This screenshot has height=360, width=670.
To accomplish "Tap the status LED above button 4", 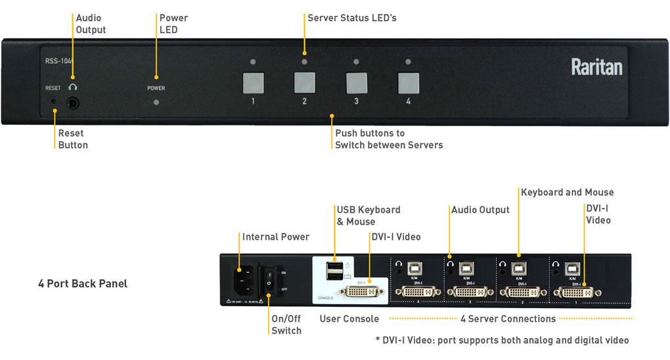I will pos(408,62).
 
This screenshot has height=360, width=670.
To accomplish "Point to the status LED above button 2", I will pos(304,62).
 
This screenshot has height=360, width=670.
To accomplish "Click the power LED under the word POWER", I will pos(156,102).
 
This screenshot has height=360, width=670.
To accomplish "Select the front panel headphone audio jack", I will pos(73,102).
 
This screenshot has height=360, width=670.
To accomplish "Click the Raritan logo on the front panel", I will pos(596,67).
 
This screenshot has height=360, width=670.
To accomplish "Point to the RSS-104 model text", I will pos(58,61).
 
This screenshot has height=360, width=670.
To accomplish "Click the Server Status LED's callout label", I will pos(352,18).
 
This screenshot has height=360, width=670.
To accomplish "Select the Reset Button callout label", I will pos(72,139).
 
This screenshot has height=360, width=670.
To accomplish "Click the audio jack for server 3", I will pos(450,269).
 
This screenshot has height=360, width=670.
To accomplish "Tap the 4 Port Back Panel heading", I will pos(83,284).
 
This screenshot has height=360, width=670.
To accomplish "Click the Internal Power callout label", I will pos(276,236).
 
